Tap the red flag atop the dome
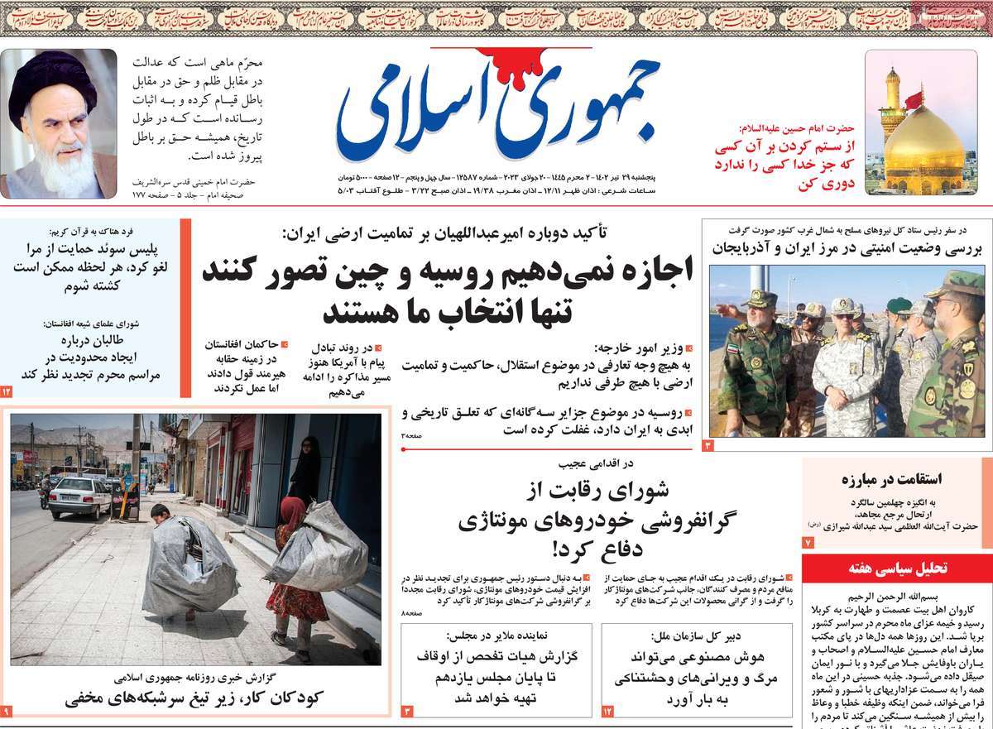(x=913, y=101)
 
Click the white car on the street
(x=79, y=496)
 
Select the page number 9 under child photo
(x=7, y=711)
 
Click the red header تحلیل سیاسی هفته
(x=897, y=568)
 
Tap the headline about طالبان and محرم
(x=91, y=357)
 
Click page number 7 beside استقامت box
(x=808, y=542)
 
